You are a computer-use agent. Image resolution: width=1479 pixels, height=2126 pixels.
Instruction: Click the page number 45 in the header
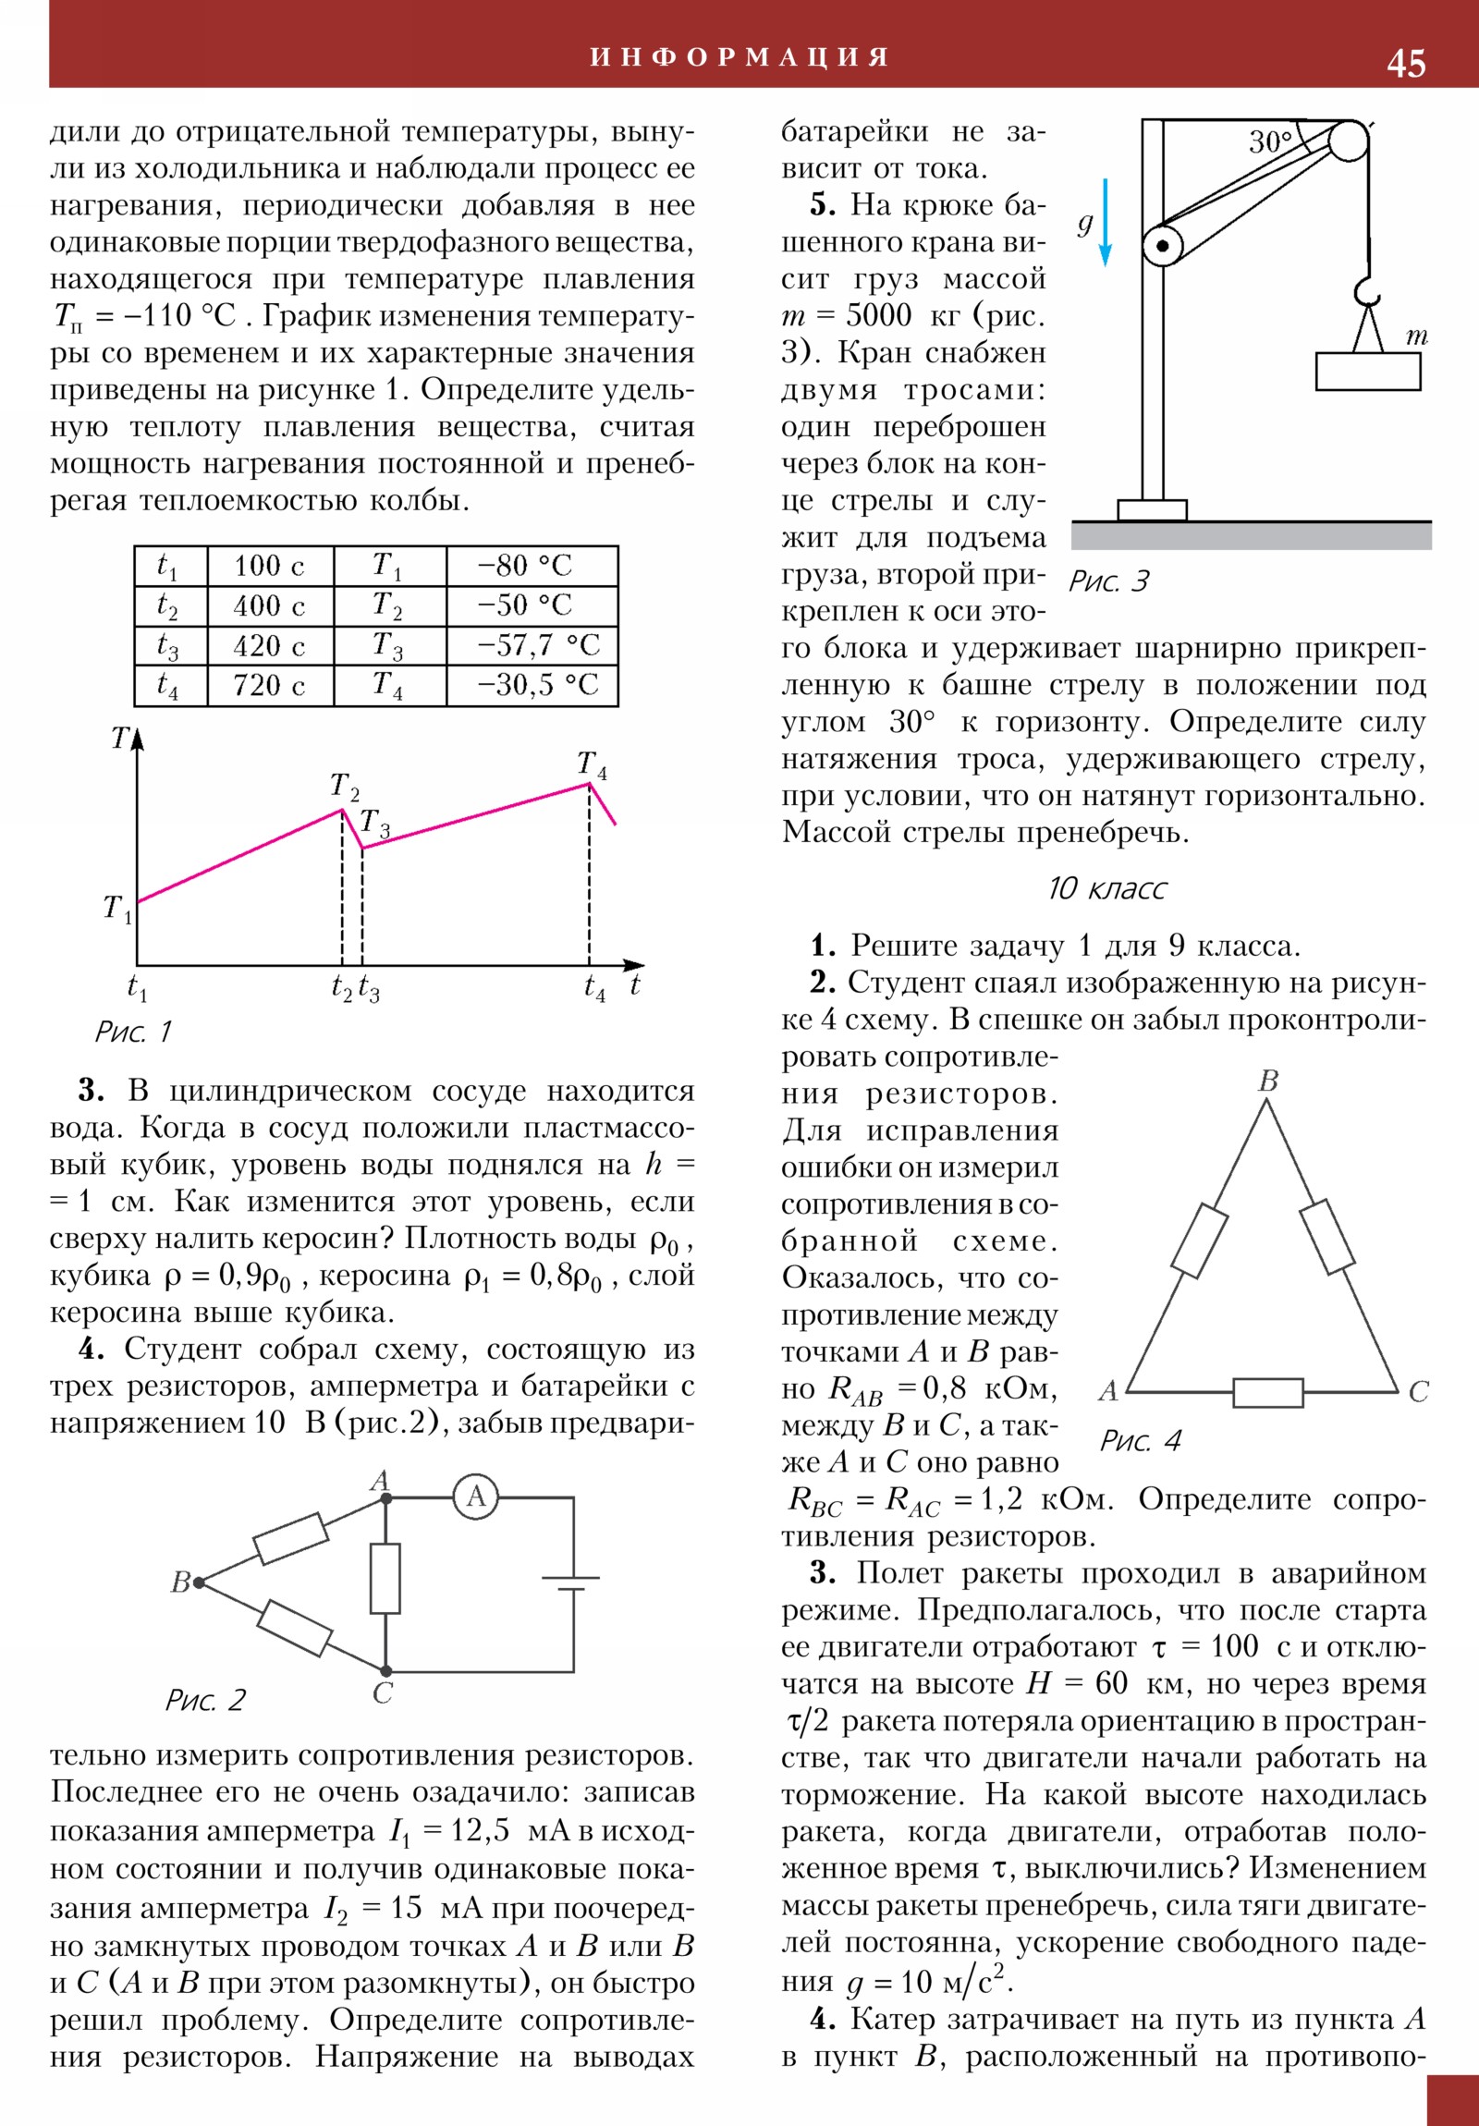click(1405, 63)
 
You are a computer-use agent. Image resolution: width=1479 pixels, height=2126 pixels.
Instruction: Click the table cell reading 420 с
click(269, 645)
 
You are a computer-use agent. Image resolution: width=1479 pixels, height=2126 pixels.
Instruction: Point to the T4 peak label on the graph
click(592, 764)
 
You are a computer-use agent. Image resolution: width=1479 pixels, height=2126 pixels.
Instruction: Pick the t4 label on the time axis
click(594, 988)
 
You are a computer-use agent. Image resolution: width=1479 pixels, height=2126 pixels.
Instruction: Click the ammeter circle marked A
click(476, 1497)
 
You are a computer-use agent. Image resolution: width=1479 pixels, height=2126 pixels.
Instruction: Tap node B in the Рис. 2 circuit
click(198, 1582)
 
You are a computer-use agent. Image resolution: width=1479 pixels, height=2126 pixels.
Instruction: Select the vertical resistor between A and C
click(385, 1578)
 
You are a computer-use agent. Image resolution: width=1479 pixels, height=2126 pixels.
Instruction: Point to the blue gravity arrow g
click(1105, 222)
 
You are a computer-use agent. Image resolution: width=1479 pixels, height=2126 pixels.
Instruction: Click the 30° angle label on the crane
click(1270, 141)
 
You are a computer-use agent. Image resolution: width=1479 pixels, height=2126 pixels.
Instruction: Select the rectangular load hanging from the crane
click(1368, 371)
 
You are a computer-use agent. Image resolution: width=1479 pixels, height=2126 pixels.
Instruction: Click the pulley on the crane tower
click(1162, 247)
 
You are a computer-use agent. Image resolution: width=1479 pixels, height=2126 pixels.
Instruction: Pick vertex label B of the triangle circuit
click(1269, 1081)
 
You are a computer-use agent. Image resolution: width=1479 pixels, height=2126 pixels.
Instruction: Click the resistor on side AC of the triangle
click(1268, 1392)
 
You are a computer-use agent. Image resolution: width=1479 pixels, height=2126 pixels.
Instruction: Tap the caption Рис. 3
click(1108, 581)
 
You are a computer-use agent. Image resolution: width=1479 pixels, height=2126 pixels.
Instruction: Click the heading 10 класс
click(1106, 889)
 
